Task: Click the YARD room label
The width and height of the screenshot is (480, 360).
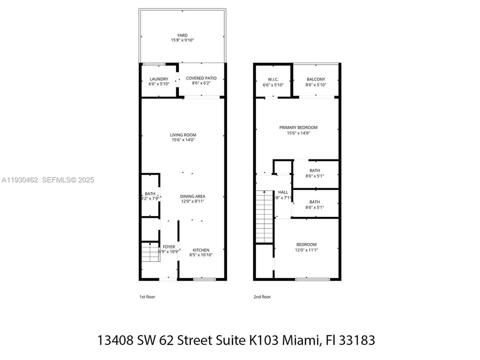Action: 182,35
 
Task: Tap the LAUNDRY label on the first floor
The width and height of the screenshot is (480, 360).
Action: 159,79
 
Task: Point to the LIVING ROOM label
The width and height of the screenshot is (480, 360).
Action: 182,135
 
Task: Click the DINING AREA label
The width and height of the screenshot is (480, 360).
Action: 193,196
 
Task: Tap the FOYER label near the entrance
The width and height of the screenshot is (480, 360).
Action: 169,247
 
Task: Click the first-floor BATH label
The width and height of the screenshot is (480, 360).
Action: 150,194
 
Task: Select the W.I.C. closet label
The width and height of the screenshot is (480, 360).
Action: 273,79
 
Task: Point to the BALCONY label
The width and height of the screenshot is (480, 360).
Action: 316,79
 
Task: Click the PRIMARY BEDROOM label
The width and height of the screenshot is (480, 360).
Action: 298,127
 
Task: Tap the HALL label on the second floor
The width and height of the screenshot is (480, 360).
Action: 283,192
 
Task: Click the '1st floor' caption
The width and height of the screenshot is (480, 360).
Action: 147,297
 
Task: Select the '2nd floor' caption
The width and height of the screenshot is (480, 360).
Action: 262,297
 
